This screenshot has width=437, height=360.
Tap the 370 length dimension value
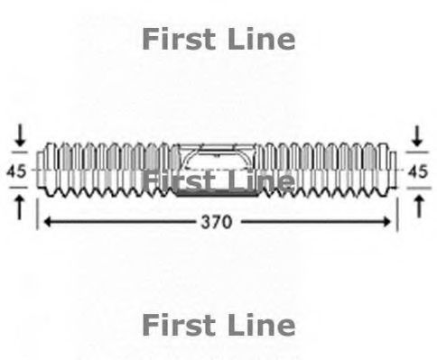pyautogui.click(x=216, y=221)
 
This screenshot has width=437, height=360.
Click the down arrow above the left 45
pyautogui.click(x=20, y=138)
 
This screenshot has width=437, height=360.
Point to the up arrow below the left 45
pyautogui.click(x=20, y=204)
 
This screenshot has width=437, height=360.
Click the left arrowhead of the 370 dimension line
pyautogui.click(x=48, y=221)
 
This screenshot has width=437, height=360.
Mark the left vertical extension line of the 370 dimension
pyautogui.click(x=37, y=216)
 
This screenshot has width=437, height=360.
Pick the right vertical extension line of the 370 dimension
pyautogui.click(x=396, y=216)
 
